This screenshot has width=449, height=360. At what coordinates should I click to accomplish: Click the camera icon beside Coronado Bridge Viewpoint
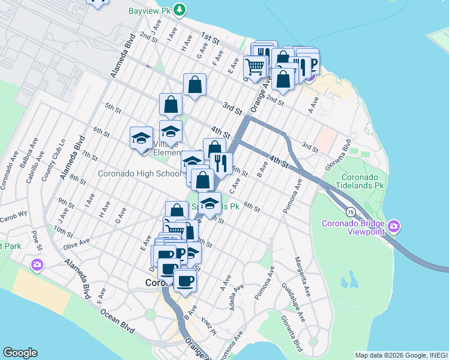pyautogui.click(x=394, y=227)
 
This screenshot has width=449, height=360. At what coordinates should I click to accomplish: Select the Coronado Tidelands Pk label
pyautogui.click(x=362, y=182)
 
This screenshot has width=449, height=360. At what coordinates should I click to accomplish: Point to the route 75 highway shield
pyautogui.click(x=349, y=211)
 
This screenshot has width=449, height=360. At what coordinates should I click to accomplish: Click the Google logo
pyautogui.click(x=20, y=353)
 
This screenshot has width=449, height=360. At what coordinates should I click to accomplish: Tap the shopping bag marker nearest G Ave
pyautogui.click(x=195, y=85)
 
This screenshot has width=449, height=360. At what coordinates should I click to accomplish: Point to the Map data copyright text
pyautogui.click(x=401, y=355)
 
